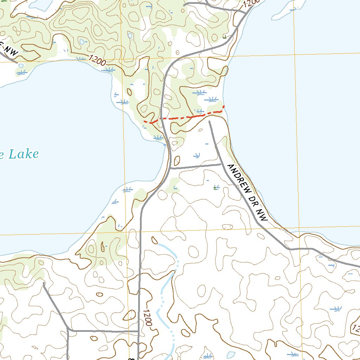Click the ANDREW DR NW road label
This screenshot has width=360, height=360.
pos(247,192)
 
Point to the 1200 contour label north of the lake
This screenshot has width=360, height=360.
pos(97,61)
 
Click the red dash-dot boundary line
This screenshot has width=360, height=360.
pos(186,116)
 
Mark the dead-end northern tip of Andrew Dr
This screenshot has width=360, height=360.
pos(210,121)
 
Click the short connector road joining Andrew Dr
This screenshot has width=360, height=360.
pos(195,166)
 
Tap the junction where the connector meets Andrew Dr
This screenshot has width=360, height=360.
pos(220,164)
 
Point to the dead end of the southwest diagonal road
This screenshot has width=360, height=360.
pos(43,282)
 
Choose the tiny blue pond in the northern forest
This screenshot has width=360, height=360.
pos(130,36)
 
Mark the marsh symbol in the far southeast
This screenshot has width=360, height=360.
pos(336,309)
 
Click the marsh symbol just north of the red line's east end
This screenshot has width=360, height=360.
pos(211,99)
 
